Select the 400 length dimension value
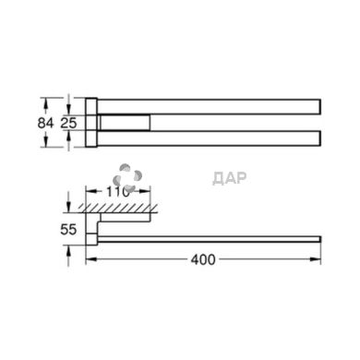point(205,260)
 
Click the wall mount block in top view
point(92,121)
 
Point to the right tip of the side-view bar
point(318,238)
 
